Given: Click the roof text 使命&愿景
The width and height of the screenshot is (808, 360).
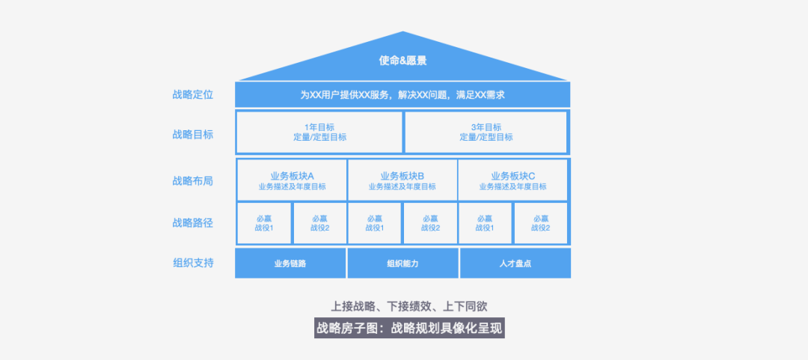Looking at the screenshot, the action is pos(403,61).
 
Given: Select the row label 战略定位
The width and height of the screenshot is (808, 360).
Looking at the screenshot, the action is pos(193,94).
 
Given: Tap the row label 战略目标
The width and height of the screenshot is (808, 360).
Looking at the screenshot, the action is pos(193,134).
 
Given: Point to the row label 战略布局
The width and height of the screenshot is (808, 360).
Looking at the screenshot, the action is pos(193,180).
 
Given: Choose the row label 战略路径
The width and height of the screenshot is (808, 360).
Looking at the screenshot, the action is pos(193,222).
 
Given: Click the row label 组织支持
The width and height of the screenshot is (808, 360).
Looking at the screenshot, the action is pos(193,263).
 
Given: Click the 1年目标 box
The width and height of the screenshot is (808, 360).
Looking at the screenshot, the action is pos(319,132).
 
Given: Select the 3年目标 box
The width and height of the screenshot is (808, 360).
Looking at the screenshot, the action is pos(486,132).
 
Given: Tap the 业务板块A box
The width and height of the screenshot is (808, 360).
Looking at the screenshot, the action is pos(292,180).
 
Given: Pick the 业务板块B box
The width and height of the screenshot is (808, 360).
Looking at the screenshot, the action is pos(403,180).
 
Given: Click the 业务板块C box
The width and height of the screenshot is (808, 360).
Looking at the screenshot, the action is pos(513,180).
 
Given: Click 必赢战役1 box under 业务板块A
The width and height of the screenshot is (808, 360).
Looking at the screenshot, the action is pos(264,223).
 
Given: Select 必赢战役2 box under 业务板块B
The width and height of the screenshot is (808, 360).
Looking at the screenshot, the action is pos(430,223).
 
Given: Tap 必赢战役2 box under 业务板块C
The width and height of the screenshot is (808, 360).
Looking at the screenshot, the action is pos(541,223).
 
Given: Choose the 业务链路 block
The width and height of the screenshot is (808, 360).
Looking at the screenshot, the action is pos(290,263).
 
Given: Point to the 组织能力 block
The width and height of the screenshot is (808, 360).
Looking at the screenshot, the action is pos(403,263).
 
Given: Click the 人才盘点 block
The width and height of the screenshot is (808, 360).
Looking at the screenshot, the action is pos(515,263).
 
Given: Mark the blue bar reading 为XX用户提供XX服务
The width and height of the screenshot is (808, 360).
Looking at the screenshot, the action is pos(403,95).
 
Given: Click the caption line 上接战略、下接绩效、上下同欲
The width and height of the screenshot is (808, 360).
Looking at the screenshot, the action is pos(409,306).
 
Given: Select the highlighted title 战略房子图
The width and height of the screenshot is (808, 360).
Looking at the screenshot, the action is pos(409,328).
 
